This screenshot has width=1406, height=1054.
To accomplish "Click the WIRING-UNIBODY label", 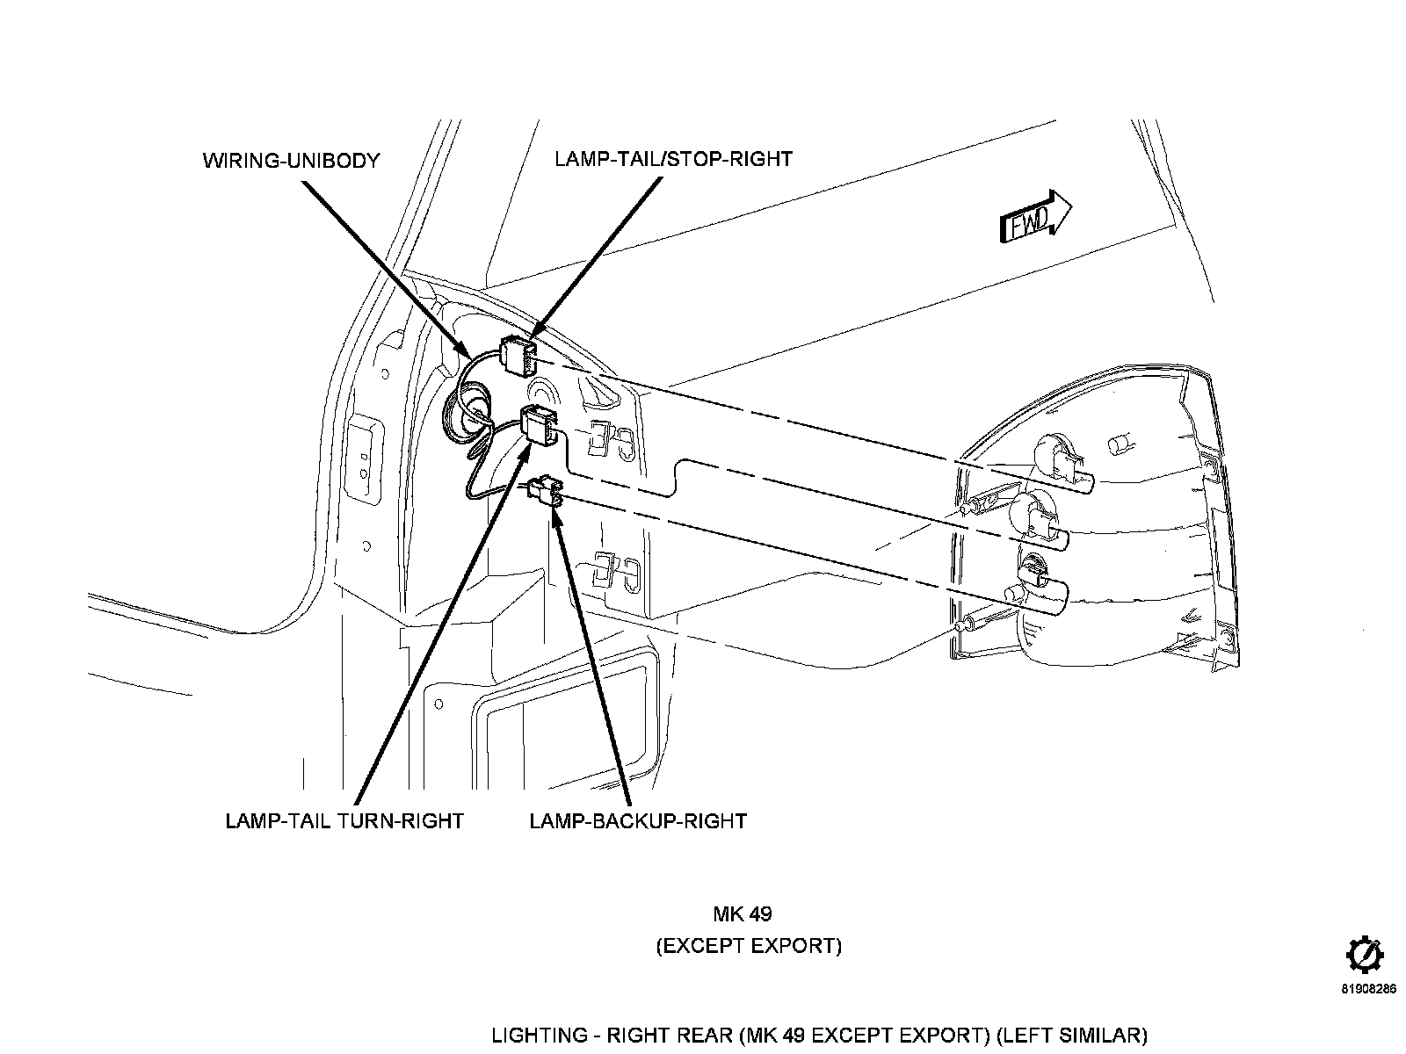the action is point(292,161).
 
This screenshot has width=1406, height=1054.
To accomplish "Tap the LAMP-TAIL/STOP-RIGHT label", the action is point(673,159).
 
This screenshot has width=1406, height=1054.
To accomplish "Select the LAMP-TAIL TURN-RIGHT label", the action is point(344,821).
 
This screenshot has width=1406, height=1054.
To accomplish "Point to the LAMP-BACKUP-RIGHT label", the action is point(638,821).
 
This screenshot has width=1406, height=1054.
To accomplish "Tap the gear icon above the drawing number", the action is point(1365,957).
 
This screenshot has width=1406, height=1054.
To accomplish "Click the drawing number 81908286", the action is point(1369,989).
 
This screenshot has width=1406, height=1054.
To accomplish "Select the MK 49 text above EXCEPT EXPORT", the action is point(743,913).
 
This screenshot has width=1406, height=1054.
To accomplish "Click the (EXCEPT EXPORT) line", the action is point(749,946).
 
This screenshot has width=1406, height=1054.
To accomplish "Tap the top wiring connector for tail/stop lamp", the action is point(518,355).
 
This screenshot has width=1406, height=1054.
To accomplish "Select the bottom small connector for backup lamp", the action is point(547,492).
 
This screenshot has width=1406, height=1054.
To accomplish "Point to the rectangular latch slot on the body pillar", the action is point(364,458).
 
